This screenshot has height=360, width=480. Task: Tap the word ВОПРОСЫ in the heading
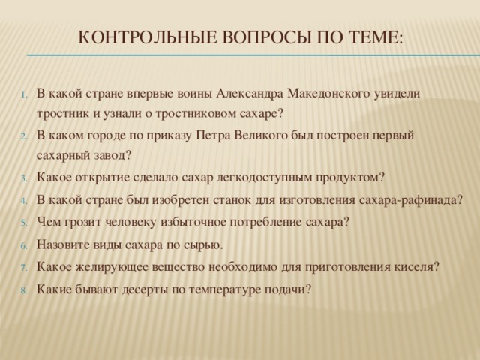267,38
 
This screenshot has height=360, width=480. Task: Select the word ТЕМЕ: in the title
376,38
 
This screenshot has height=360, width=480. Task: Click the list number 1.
25,94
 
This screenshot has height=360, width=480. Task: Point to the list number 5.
25,223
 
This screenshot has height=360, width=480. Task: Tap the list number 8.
25,290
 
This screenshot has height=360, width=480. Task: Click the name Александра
250,94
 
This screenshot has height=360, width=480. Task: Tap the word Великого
261,136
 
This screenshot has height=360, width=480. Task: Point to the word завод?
114,156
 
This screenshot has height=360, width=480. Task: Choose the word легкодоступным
264,178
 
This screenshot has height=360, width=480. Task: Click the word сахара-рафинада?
410,201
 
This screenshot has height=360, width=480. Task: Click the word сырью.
203,245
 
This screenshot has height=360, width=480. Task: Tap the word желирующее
112,267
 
